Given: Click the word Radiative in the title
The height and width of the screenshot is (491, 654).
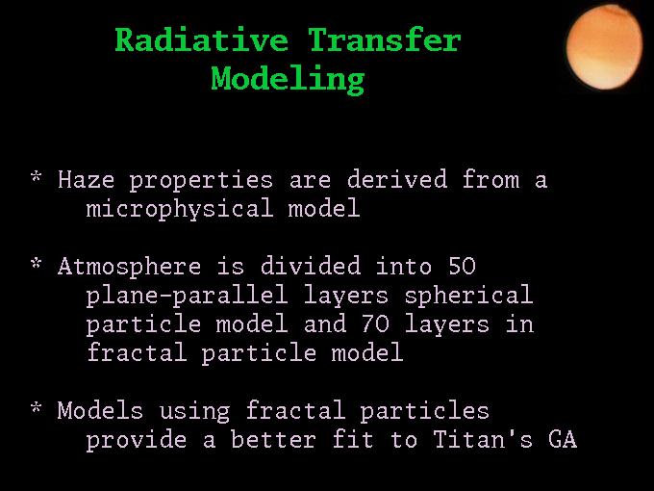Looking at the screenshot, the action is coord(201,39).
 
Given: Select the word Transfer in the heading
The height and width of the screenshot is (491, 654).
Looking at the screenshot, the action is coord(385,39).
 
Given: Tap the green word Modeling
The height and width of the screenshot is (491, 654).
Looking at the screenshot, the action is coord(288,79).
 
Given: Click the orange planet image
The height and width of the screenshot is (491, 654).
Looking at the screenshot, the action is coord(604,46).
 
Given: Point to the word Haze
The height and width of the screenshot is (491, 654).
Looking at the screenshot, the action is coord(86,179).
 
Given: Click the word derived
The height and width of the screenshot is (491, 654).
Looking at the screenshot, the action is coord(397,179).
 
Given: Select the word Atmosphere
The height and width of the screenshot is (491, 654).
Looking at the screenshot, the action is coord(129,267).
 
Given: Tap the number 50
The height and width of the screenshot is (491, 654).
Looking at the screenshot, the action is coord(462,266).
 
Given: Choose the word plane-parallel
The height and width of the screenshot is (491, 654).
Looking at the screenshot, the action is coord(187,296).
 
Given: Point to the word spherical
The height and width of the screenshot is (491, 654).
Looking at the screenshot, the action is coord(468,296).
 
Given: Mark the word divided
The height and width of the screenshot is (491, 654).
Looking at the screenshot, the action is coord(311,265).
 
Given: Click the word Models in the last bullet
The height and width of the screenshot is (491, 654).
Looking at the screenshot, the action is coord(100,410).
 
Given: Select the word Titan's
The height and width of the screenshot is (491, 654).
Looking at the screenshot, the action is coord(483,438).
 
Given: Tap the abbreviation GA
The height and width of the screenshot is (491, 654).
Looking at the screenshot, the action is coord(563,439).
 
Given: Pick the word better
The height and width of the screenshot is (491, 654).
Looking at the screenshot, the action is coord(273,438).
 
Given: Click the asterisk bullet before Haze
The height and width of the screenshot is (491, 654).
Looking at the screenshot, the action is coord(37,176).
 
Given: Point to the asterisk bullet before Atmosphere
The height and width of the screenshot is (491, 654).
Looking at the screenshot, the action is coord(37,264).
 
